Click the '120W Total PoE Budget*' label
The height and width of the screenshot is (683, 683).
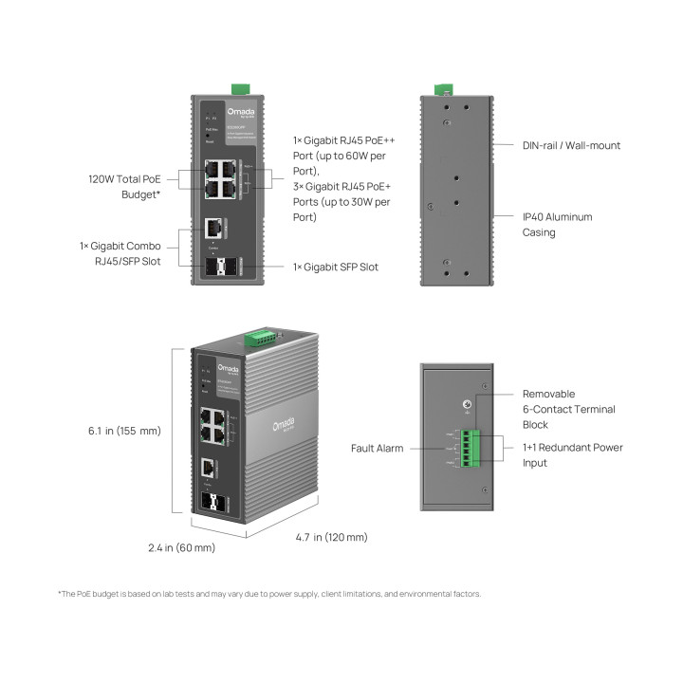pos(123,185)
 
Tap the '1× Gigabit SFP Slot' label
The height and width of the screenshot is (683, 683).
pos(335,267)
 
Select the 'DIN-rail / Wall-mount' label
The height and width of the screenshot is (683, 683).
pos(571,145)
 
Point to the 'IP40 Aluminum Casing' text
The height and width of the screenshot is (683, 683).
pos(557,224)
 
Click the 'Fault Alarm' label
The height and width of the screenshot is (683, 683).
pos(377,448)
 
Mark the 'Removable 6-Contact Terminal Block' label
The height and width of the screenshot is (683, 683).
pos(569,409)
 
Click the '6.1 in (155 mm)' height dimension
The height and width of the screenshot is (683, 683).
pos(124,431)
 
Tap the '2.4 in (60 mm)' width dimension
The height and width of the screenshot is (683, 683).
pos(181,547)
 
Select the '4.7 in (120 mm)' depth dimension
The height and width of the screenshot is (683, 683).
pos(331,537)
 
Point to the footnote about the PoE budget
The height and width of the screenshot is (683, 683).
pos(270,594)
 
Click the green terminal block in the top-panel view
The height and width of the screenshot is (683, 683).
pos(472,449)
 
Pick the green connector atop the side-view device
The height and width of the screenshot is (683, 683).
pos(443,89)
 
